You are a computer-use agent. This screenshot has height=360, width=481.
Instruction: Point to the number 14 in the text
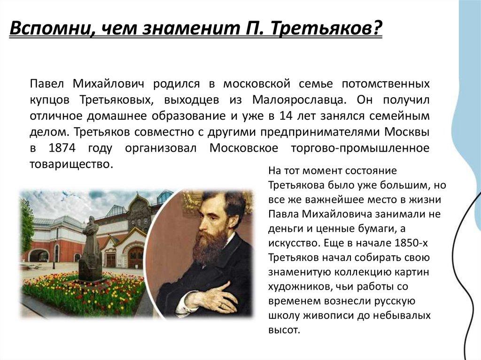pos(286,116)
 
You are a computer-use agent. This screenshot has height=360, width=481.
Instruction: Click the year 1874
pos(62,148)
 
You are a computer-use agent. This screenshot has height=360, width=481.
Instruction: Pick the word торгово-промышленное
pos(360,149)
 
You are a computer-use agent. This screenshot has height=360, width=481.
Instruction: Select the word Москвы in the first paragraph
pos(407,132)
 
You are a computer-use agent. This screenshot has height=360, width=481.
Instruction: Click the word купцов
pos(49,100)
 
